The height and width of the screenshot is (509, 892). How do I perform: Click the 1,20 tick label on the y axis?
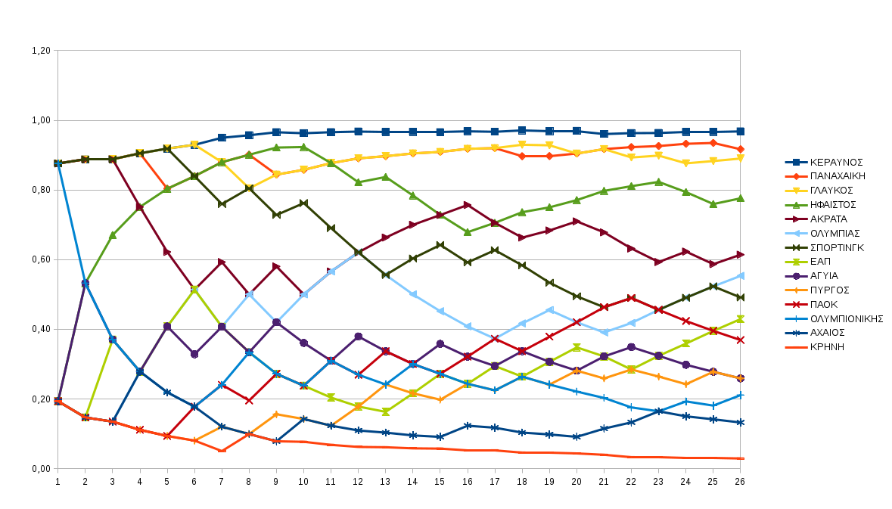click(x=41, y=51)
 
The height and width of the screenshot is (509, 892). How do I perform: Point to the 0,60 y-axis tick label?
click(x=41, y=259)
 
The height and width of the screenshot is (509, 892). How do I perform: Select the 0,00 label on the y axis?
click(x=41, y=469)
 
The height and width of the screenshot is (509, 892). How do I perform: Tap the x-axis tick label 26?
click(x=740, y=481)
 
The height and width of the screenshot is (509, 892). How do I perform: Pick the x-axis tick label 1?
click(x=57, y=481)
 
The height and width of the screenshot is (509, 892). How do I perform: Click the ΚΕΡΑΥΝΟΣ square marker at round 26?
click(x=740, y=132)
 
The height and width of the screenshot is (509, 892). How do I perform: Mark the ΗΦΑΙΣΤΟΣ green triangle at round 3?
click(x=112, y=235)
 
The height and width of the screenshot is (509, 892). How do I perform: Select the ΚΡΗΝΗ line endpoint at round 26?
click(x=740, y=458)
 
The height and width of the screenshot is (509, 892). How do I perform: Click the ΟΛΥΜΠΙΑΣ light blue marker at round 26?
click(x=740, y=276)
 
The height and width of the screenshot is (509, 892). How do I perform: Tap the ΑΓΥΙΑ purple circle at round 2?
click(x=85, y=284)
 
